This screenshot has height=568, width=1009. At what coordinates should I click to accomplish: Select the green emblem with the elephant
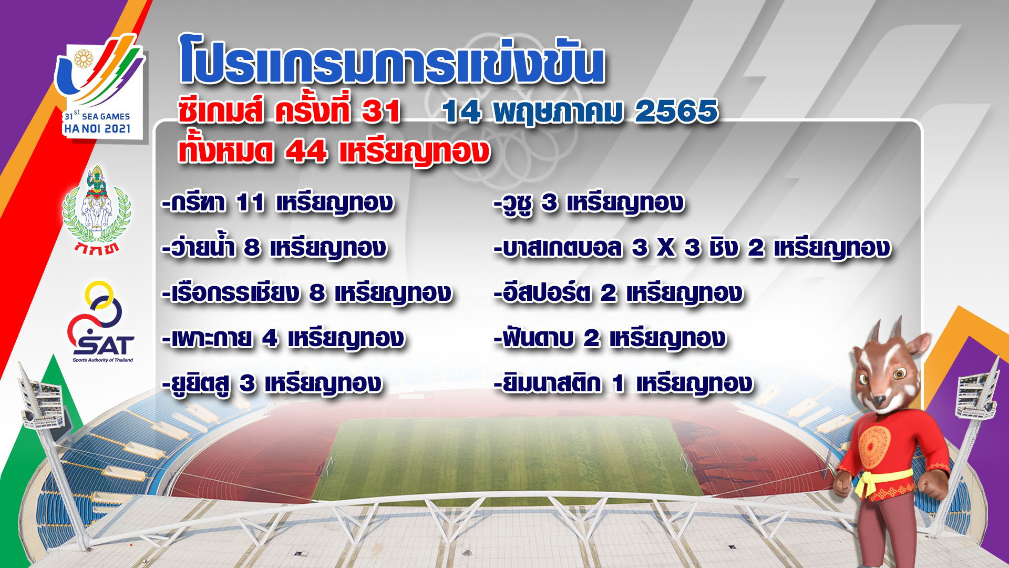point(97,210)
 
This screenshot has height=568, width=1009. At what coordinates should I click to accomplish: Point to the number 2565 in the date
point(676,111)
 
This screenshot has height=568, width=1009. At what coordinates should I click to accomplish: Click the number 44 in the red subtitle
point(306,152)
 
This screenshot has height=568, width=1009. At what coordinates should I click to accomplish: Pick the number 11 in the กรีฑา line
point(250,203)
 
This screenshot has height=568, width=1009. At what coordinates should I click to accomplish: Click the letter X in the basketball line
point(666,248)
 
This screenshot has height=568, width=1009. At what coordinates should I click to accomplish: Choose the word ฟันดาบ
point(537,337)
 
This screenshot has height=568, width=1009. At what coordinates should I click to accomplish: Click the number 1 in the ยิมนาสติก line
point(619,383)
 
